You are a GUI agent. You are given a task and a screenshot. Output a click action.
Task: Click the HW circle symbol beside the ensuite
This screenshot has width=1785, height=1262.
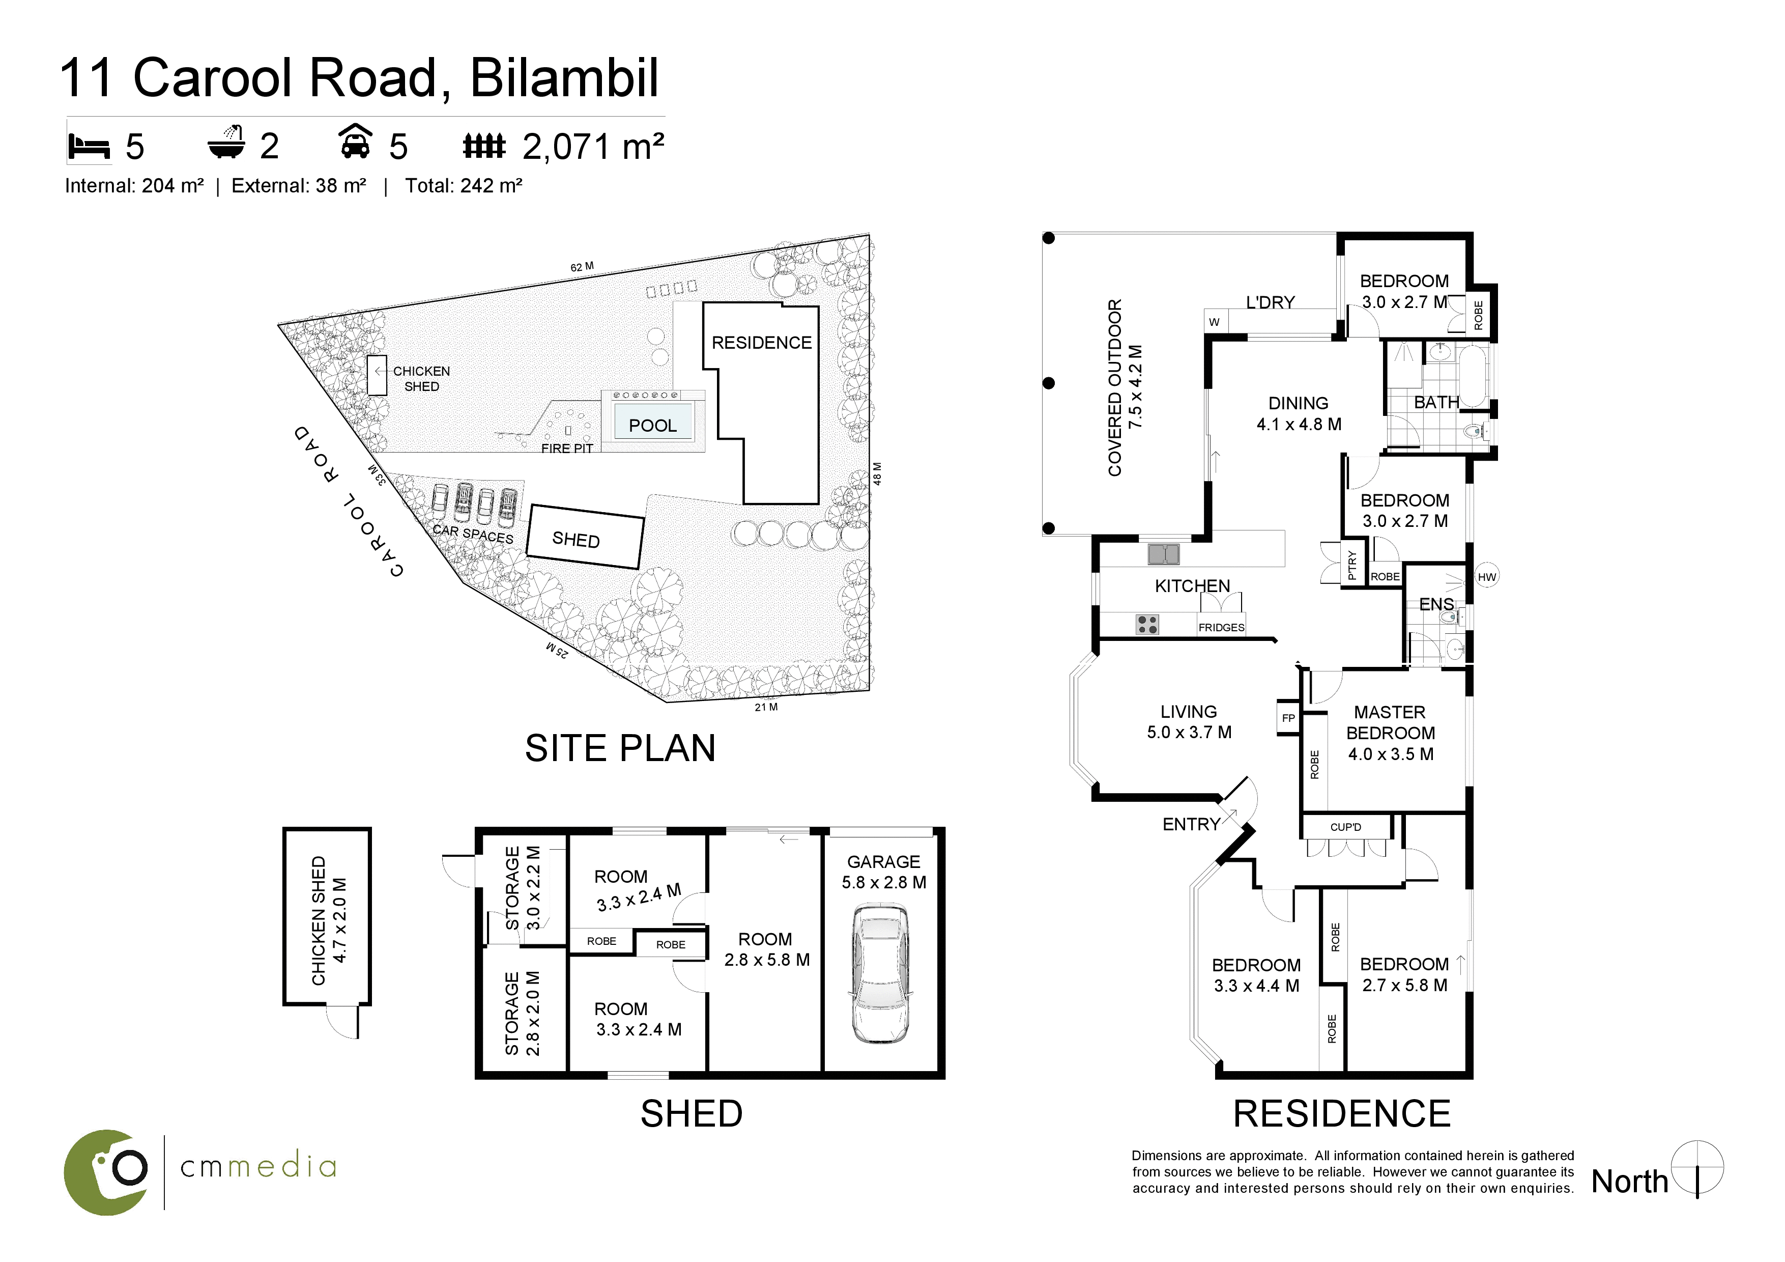[1486, 577]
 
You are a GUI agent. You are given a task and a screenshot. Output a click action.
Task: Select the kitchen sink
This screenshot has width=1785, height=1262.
[1163, 554]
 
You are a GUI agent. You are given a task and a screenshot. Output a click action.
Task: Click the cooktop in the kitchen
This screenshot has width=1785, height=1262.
[1147, 624]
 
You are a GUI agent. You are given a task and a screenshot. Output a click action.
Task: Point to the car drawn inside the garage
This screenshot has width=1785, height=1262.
[881, 973]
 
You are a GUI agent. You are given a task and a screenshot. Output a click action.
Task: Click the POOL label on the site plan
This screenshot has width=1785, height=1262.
[652, 425]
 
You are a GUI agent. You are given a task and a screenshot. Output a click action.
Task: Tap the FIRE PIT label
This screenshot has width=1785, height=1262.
[567, 448]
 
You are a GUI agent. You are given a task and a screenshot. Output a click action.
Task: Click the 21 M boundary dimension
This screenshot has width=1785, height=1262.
[766, 707]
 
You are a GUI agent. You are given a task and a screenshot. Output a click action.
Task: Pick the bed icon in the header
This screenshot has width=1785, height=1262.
[90, 146]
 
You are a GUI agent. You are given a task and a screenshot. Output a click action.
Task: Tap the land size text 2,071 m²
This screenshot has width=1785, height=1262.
[593, 146]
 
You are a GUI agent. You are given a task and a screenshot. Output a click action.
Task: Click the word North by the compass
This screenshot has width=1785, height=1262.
[1629, 1181]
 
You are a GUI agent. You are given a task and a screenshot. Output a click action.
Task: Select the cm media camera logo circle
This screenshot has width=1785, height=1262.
[106, 1172]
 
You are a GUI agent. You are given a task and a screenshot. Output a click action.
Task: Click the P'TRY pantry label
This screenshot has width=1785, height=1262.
[1352, 565]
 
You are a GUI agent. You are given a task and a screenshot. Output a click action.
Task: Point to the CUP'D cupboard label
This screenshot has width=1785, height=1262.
[1346, 827]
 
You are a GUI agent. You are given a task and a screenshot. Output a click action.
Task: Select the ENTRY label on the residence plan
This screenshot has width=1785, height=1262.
[1191, 824]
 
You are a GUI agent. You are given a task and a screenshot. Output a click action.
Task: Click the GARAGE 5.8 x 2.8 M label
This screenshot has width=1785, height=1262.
[884, 872]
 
